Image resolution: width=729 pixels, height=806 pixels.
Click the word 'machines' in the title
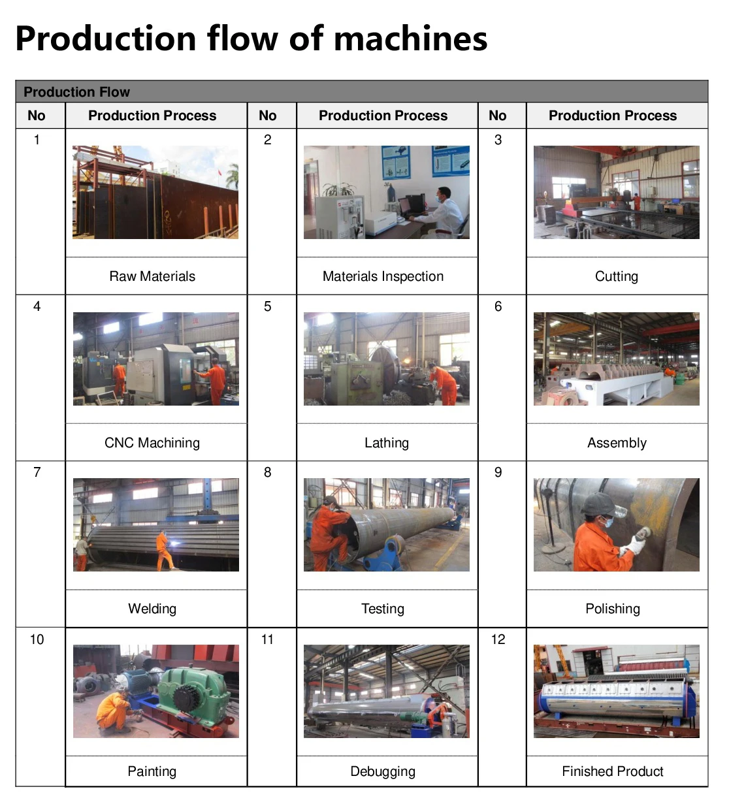pyautogui.click(x=410, y=39)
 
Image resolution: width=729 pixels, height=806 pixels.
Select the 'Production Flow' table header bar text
pyautogui.click(x=76, y=92)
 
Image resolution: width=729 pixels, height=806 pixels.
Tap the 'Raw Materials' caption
pyautogui.click(x=152, y=276)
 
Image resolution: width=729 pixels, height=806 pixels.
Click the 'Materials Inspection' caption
pyautogui.click(x=383, y=276)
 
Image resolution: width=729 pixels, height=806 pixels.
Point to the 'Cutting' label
pyautogui.click(x=616, y=276)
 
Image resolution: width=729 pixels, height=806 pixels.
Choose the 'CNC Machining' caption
pyautogui.click(x=152, y=443)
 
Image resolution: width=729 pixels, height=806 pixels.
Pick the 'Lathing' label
pyautogui.click(x=386, y=443)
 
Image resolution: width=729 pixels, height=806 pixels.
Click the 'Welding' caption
pyautogui.click(x=152, y=609)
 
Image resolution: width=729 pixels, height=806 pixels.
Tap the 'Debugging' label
pyautogui.click(x=383, y=771)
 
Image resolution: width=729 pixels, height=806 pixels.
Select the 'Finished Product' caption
pyautogui.click(x=613, y=771)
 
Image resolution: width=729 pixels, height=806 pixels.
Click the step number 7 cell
pyautogui.click(x=37, y=472)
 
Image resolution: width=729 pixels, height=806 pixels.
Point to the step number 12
pyautogui.click(x=498, y=639)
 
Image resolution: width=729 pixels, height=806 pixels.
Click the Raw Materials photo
pyautogui.click(x=155, y=192)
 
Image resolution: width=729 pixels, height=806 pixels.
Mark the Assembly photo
pyautogui.click(x=616, y=359)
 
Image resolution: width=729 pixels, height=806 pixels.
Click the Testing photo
pyautogui.click(x=386, y=524)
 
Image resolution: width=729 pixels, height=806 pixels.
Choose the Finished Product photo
pyautogui.click(x=616, y=691)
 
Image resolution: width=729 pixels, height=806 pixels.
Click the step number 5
pyautogui.click(x=268, y=306)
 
